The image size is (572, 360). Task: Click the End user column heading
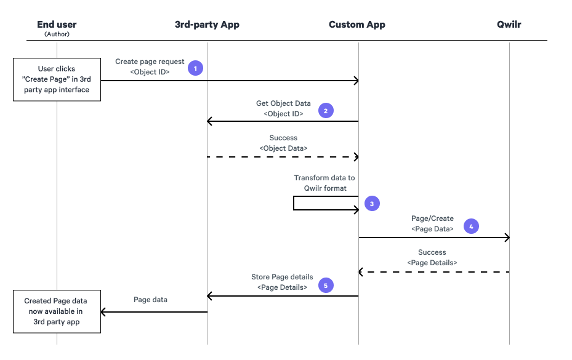coord(57,25)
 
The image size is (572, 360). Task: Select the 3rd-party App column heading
coord(207,25)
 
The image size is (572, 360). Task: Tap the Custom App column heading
coord(357,25)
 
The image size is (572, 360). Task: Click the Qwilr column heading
coord(509,25)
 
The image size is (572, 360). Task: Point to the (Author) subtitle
coord(57,34)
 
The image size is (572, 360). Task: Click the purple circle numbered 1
coord(195,68)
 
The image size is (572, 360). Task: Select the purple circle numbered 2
coord(325,111)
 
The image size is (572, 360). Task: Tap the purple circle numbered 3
coord(372,203)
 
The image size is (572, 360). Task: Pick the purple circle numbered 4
coord(471,226)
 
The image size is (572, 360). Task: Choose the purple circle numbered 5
coord(325,284)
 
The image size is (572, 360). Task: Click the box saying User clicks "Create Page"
coord(57,79)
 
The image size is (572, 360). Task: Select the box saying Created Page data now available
coord(57,311)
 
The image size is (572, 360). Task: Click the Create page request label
coord(150,62)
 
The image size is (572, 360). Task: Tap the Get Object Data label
coord(283,103)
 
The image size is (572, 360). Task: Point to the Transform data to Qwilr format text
coord(324,183)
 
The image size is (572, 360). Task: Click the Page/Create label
coord(432,218)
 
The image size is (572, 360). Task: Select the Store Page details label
coord(282,277)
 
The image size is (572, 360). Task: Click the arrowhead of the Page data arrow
coord(104,311)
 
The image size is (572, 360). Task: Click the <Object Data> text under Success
coord(283,148)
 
